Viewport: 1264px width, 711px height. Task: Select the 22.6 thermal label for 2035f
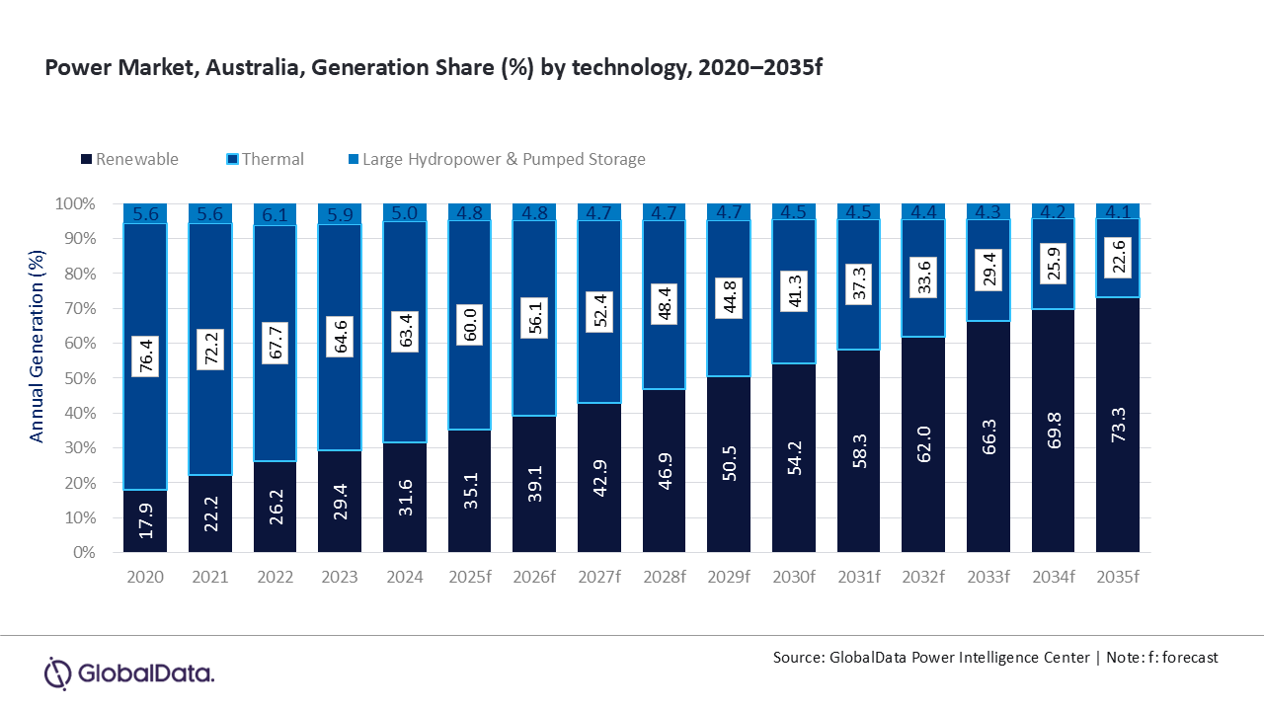point(1118,258)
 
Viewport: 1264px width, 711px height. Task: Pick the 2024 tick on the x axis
point(405,575)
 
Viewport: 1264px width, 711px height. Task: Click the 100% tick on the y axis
point(77,204)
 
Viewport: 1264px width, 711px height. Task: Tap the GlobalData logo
point(129,673)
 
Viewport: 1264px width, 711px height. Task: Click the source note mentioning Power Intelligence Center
point(995,657)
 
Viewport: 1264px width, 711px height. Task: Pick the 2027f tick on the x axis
point(599,575)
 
